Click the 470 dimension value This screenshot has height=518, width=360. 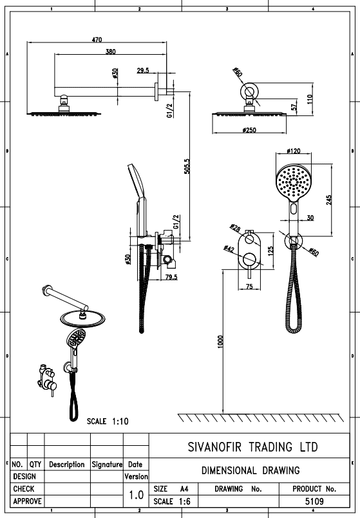click(x=97, y=40)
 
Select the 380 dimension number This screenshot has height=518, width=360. click(x=110, y=52)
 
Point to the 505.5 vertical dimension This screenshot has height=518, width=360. click(x=187, y=166)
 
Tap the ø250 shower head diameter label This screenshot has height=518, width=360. click(x=249, y=130)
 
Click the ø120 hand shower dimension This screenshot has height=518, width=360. click(x=294, y=151)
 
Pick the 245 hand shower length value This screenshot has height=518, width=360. click(x=329, y=200)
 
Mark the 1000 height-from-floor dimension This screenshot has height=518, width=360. click(x=221, y=341)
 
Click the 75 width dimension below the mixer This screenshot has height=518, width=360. click(x=249, y=287)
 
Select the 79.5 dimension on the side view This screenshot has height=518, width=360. click(x=171, y=277)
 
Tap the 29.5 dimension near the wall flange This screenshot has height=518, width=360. click(x=143, y=70)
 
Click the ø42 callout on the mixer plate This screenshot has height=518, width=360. click(x=229, y=249)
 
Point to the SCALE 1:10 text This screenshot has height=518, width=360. click(x=108, y=421)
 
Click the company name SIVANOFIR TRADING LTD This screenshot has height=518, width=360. click(x=252, y=447)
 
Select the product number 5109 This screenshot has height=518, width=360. click(x=314, y=501)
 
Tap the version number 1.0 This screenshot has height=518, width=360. click(x=136, y=495)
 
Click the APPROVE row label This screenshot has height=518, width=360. click(x=28, y=501)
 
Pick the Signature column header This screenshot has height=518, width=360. click(x=107, y=465)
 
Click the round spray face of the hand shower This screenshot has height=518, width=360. click(x=294, y=184)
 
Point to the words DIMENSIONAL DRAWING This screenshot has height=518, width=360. click(x=251, y=470)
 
